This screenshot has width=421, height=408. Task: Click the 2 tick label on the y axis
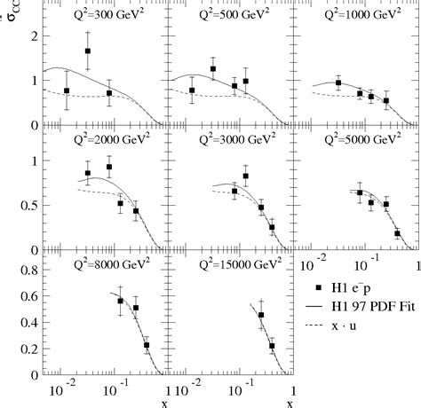tap(32, 35)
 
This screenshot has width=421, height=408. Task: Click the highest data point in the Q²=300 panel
tap(88, 51)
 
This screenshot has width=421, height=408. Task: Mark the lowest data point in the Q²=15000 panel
tap(272, 346)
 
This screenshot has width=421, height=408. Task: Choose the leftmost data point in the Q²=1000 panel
tap(338, 82)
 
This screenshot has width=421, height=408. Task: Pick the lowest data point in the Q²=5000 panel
tap(397, 233)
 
